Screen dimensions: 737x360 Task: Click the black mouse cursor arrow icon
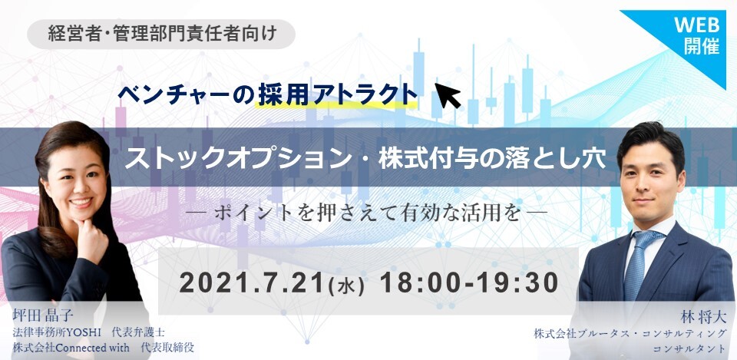click(447, 94)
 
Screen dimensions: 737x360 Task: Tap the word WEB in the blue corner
click(696, 25)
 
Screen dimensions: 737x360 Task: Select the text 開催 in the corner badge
click(702, 47)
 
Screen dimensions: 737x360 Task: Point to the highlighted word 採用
click(284, 94)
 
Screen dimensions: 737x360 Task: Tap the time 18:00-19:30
click(468, 283)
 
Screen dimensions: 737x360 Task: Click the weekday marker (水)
click(347, 286)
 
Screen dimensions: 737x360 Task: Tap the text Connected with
click(89, 348)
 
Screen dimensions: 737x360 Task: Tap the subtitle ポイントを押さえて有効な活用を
click(367, 213)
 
